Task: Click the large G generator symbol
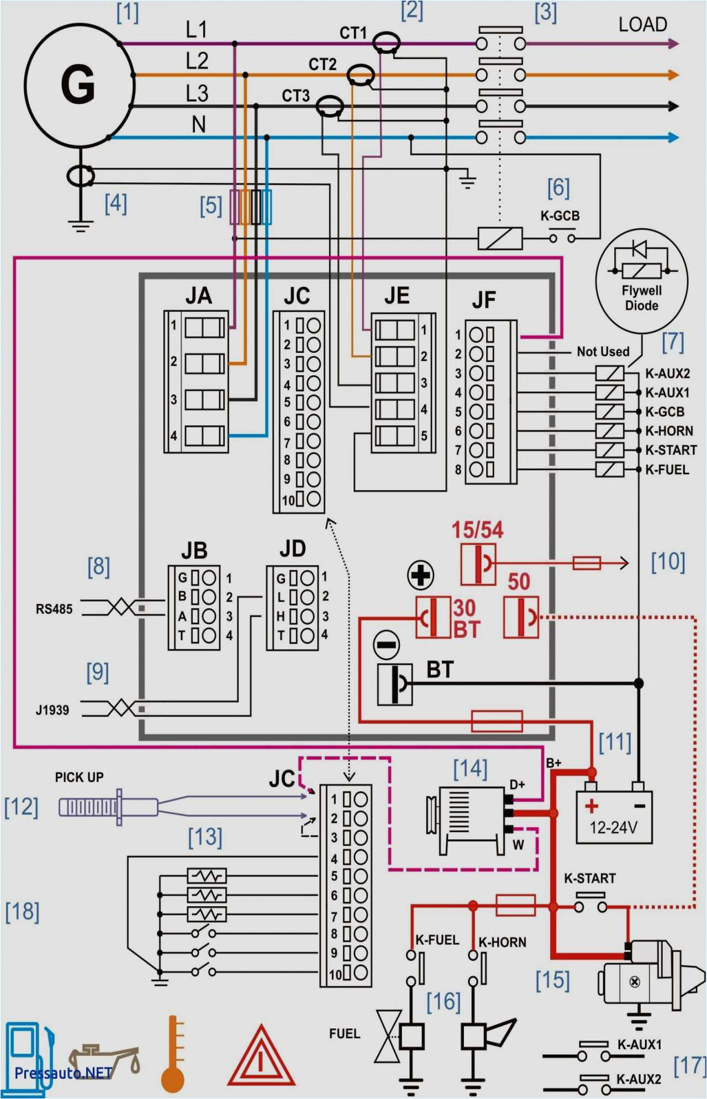[x=78, y=84]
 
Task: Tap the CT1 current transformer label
[x=353, y=33]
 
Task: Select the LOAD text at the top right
[x=642, y=24]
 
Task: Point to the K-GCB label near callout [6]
[x=560, y=216]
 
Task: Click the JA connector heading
[x=198, y=296]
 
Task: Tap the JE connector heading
[x=397, y=296]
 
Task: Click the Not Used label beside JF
[x=603, y=351]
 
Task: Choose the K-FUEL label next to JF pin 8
[x=667, y=470]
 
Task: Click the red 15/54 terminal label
[x=477, y=530]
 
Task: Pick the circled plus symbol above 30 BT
[x=420, y=575]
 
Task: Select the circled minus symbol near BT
[x=387, y=644]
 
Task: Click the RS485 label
[x=54, y=609]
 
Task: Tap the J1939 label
[x=52, y=710]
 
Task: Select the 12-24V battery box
[x=614, y=817]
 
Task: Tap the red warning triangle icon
[x=261, y=1058]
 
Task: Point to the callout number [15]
[x=552, y=980]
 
